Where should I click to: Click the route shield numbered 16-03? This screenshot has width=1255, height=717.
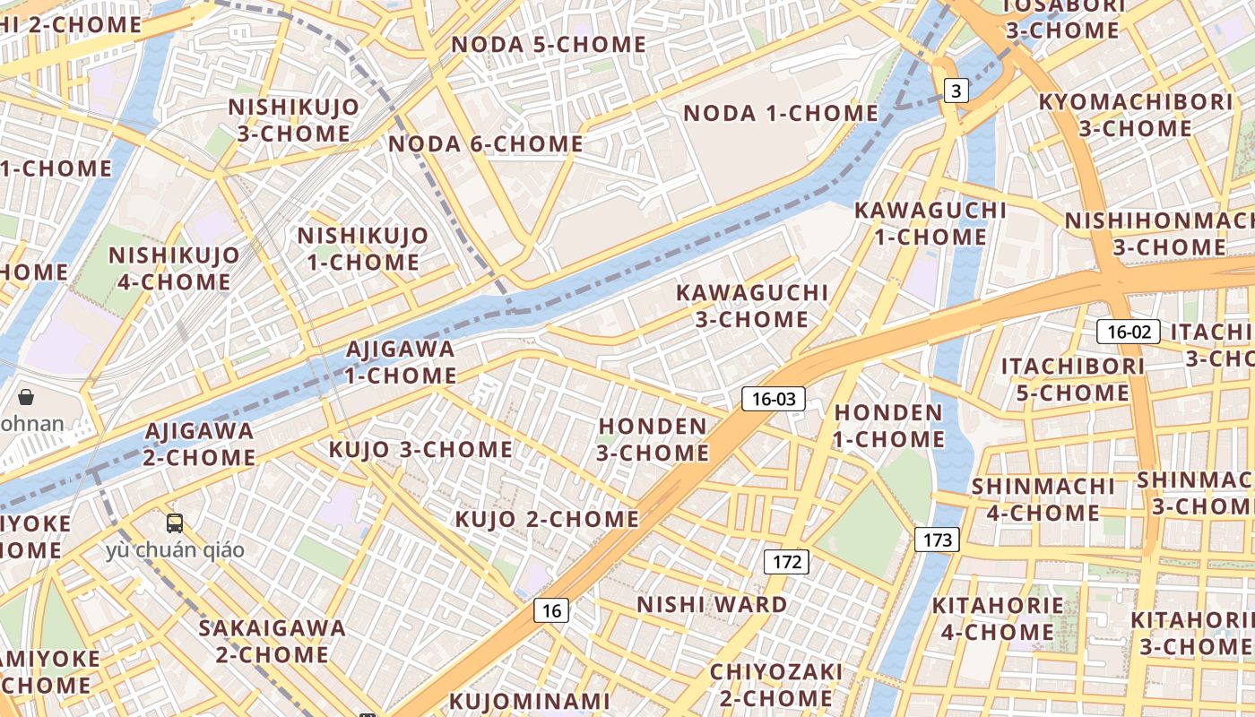(773, 399)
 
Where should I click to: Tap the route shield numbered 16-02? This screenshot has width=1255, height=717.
(1129, 332)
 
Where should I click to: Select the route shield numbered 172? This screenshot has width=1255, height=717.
(786, 562)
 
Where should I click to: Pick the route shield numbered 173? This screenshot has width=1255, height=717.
(937, 540)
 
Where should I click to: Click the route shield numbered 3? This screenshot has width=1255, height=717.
(956, 90)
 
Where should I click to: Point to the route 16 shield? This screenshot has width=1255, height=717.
(551, 610)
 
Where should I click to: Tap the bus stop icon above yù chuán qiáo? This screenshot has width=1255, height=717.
(175, 523)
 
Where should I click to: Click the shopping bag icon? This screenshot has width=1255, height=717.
(26, 397)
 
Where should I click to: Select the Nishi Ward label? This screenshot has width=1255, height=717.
(712, 604)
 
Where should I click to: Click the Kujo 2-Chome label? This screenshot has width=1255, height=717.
(547, 519)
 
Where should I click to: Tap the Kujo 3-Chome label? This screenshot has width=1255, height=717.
(420, 449)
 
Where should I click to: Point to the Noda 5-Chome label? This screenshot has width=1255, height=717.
(548, 44)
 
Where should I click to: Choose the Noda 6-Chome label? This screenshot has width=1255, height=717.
(486, 143)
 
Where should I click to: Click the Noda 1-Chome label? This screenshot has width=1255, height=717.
(781, 113)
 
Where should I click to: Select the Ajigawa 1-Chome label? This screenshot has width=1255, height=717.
(401, 362)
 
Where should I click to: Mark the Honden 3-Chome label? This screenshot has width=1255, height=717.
(653, 439)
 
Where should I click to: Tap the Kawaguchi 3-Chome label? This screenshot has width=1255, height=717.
(751, 306)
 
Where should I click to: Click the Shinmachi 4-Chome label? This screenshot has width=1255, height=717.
(1043, 499)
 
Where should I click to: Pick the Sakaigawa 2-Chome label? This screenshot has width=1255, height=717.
(273, 641)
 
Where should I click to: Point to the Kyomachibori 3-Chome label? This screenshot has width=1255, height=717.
(1135, 115)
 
